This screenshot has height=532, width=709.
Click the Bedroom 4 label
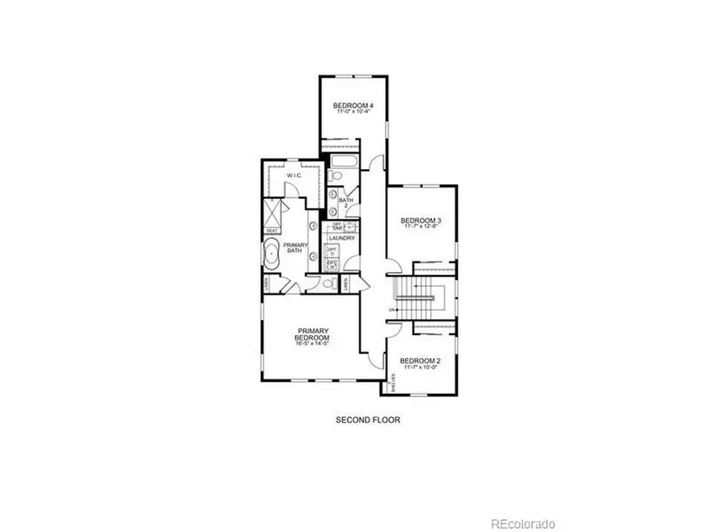click(353, 106)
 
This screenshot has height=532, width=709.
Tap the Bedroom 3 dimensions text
click(420, 228)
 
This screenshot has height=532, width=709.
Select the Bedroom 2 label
click(420, 362)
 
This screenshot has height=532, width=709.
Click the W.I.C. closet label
click(295, 176)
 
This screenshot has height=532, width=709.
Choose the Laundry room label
click(343, 237)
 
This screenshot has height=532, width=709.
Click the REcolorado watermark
click(524, 524)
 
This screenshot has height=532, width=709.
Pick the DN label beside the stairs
click(392, 310)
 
